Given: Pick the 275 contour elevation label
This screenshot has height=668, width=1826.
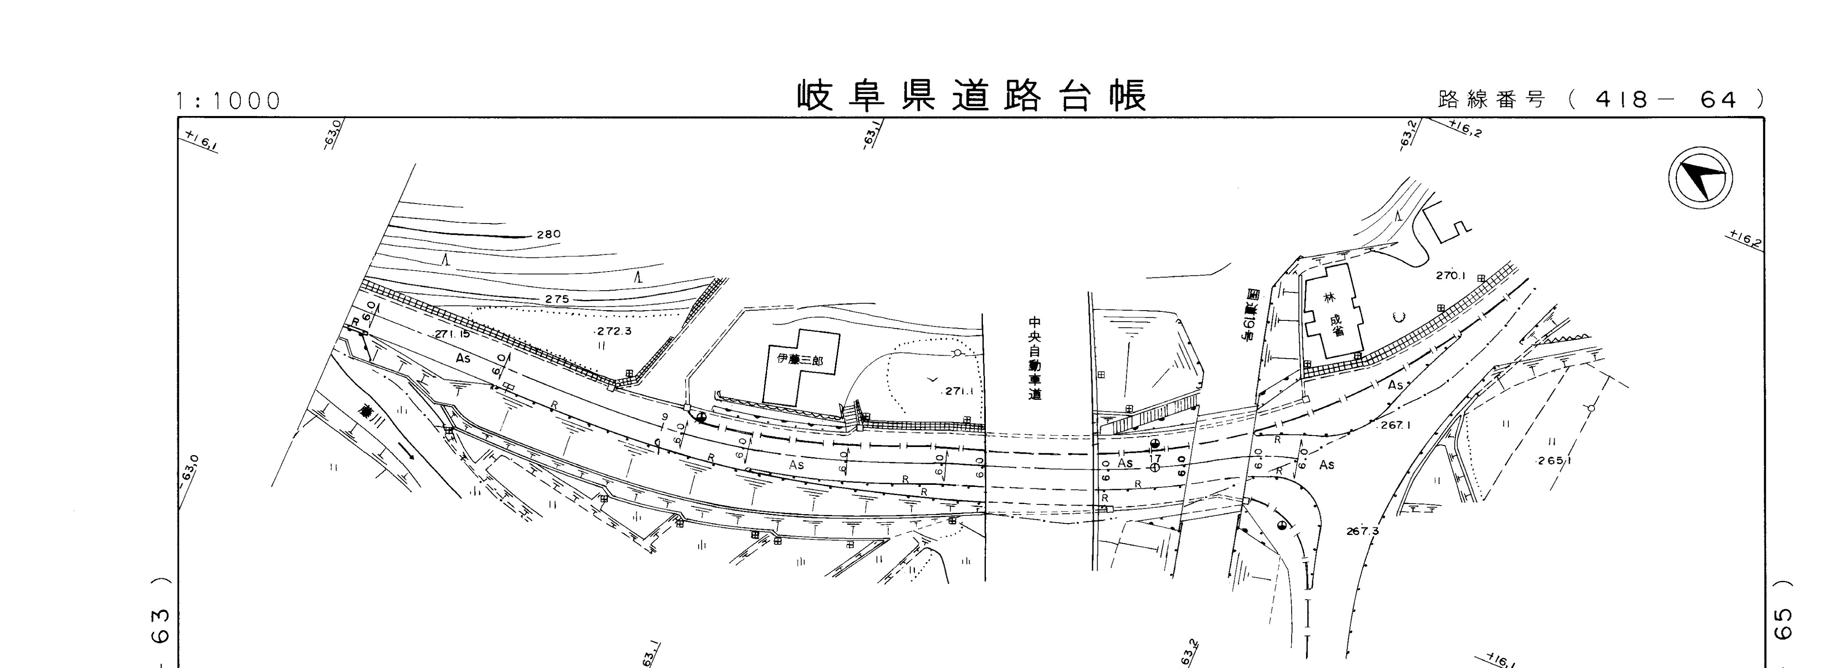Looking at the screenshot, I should [557, 299].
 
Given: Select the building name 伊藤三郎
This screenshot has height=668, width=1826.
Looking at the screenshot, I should [800, 359].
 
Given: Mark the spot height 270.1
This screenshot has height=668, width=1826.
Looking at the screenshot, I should [1451, 276].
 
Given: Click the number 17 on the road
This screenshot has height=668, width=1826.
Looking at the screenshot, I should [1155, 458].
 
